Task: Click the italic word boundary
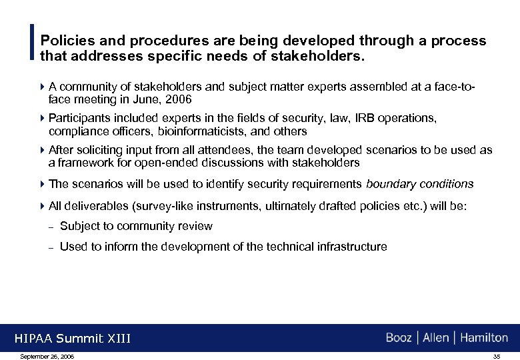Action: (x=391, y=183)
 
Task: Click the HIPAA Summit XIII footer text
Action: (x=73, y=339)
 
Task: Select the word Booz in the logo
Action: (x=399, y=338)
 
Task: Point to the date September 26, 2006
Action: (x=47, y=357)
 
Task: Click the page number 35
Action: (x=496, y=357)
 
